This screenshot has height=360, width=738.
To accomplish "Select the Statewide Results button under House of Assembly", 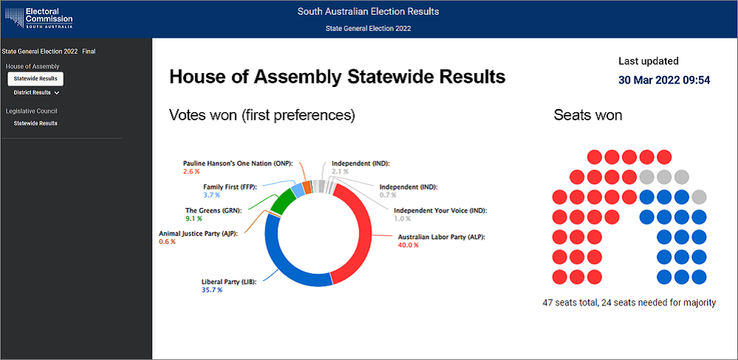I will point(35,78).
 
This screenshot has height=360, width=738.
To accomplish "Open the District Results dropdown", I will point(36,93).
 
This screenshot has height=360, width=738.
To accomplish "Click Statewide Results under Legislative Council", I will point(35,123).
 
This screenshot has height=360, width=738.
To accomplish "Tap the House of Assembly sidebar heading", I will point(32,66).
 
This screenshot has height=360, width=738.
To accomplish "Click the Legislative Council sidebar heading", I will point(31,111).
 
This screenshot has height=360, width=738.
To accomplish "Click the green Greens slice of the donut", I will point(282,199).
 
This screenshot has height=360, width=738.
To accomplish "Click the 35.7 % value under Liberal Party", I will point(212,290).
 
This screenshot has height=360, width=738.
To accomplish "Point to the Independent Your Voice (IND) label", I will point(441,210).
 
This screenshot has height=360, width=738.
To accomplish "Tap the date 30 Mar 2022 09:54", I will point(664,80).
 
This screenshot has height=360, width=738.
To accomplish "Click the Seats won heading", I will point(587,115).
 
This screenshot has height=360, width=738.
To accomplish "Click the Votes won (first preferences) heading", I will point(262,115).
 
